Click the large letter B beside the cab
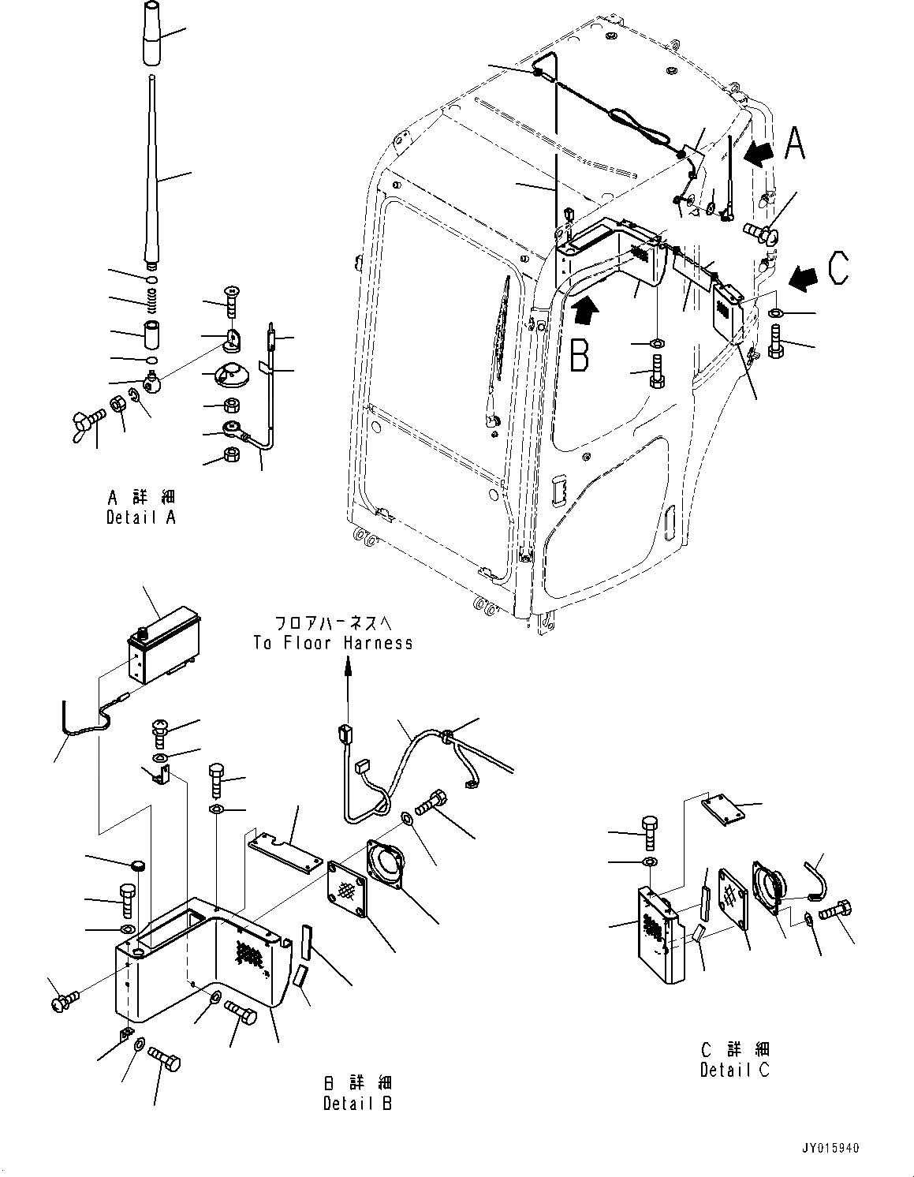(x=579, y=354)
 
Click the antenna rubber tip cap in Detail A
(x=151, y=32)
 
